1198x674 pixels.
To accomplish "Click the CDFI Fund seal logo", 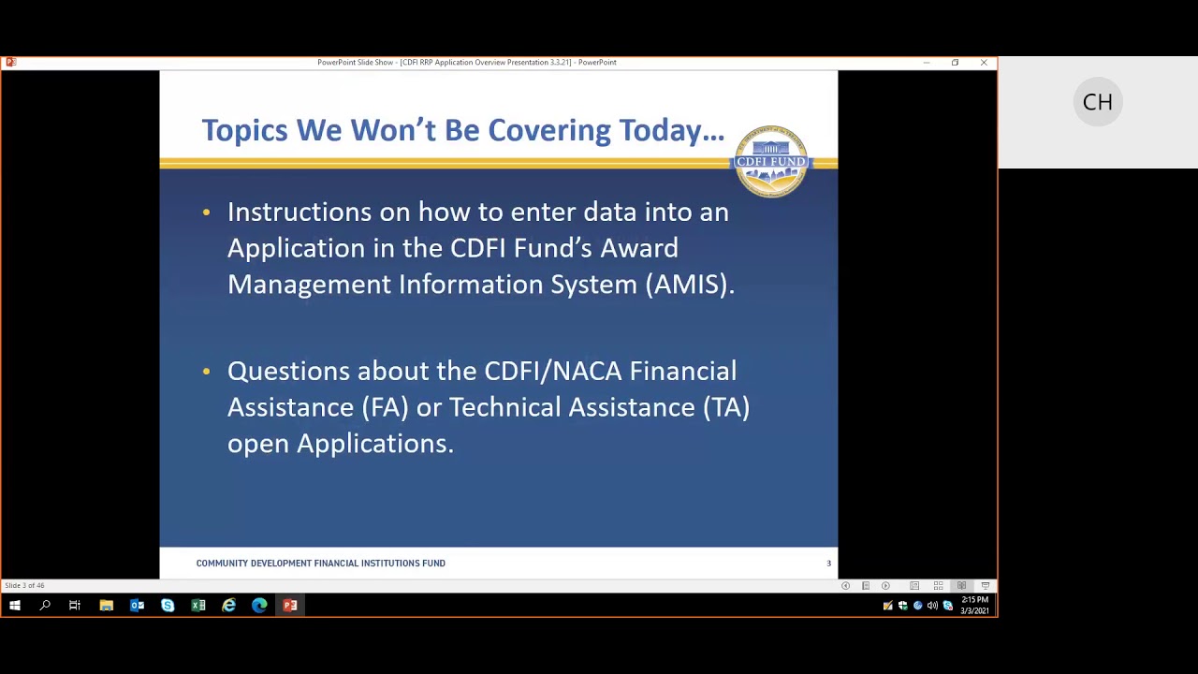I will (771, 161).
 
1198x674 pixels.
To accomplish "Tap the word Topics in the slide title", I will (245, 130).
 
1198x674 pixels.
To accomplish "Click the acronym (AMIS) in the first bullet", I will (690, 285).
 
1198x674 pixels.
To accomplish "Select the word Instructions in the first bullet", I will (299, 212).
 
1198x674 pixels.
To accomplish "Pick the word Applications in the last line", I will (374, 444).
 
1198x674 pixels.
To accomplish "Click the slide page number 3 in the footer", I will (828, 564).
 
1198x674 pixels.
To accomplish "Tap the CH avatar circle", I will (1097, 102).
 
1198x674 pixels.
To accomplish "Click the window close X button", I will (984, 63).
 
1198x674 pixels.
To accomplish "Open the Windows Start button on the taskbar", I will (14, 606).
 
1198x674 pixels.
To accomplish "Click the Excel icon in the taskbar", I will (198, 606).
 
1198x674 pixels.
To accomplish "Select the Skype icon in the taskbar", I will (168, 606).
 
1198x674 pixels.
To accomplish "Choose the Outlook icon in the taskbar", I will (137, 606).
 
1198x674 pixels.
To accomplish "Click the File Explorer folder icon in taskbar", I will (106, 606).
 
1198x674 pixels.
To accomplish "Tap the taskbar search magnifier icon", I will (44, 606).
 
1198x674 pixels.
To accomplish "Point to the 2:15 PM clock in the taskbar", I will (974, 600).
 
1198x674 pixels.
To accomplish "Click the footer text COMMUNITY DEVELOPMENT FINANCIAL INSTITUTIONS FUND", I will (320, 564).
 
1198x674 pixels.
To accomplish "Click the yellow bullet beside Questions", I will (207, 372).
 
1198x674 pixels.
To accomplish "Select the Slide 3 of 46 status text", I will (24, 586).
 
